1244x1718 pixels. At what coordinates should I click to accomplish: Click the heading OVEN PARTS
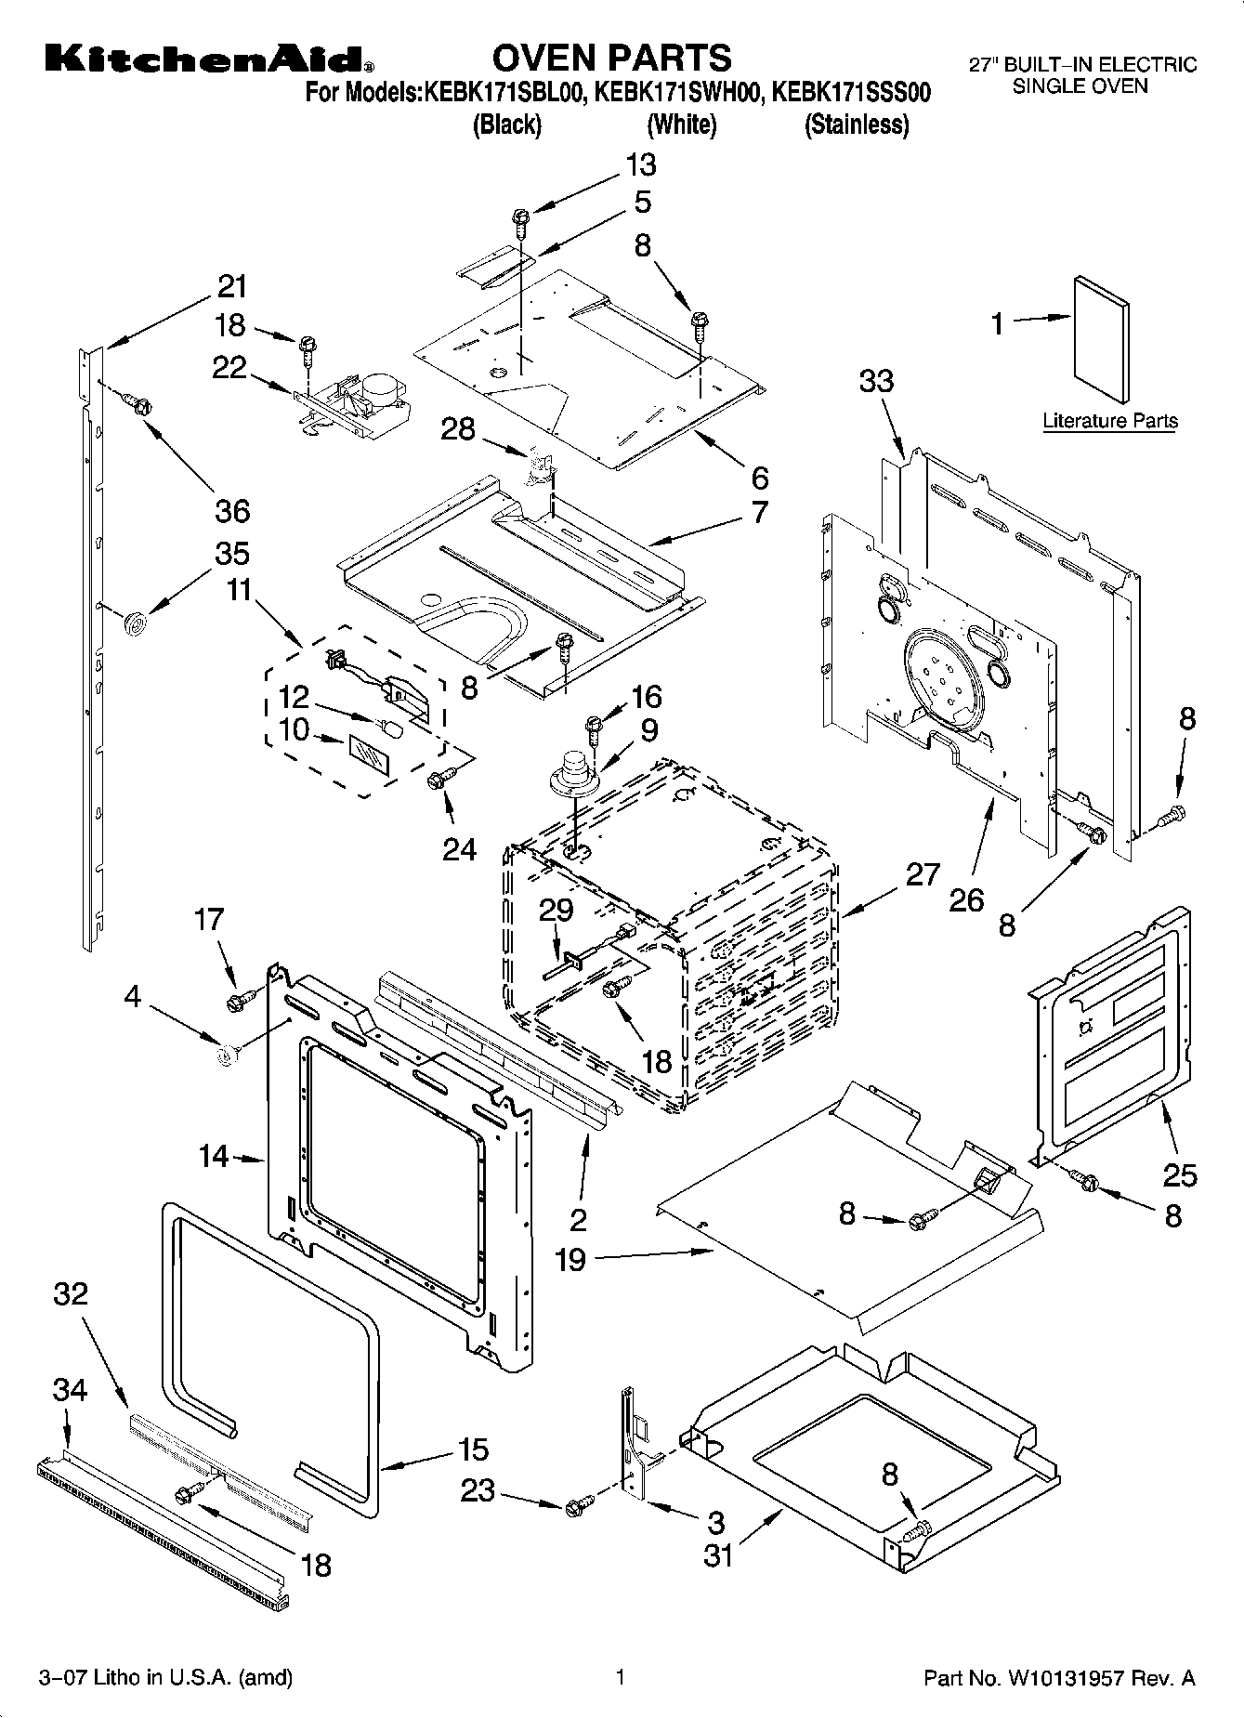pos(611,58)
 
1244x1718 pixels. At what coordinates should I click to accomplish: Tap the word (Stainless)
pos(856,125)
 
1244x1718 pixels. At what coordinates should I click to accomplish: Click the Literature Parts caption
pos(1109,421)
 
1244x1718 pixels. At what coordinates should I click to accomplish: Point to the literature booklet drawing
pos(1102,332)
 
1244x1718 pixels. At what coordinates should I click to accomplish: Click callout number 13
pos(640,164)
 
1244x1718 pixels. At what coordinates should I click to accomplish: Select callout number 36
pos(232,510)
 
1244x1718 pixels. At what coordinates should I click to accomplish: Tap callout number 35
pos(232,553)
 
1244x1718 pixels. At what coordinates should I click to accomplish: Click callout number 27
pos(923,874)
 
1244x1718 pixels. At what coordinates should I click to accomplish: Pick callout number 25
pos(1180,1175)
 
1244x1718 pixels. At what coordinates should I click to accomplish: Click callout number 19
pos(570,1261)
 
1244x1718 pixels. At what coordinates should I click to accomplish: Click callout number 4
pos(133,997)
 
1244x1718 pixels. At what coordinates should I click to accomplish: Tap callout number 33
pos(876,380)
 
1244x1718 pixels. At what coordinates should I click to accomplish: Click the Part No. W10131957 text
pos(1058,1679)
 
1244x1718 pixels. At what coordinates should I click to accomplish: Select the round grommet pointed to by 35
pos(137,622)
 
